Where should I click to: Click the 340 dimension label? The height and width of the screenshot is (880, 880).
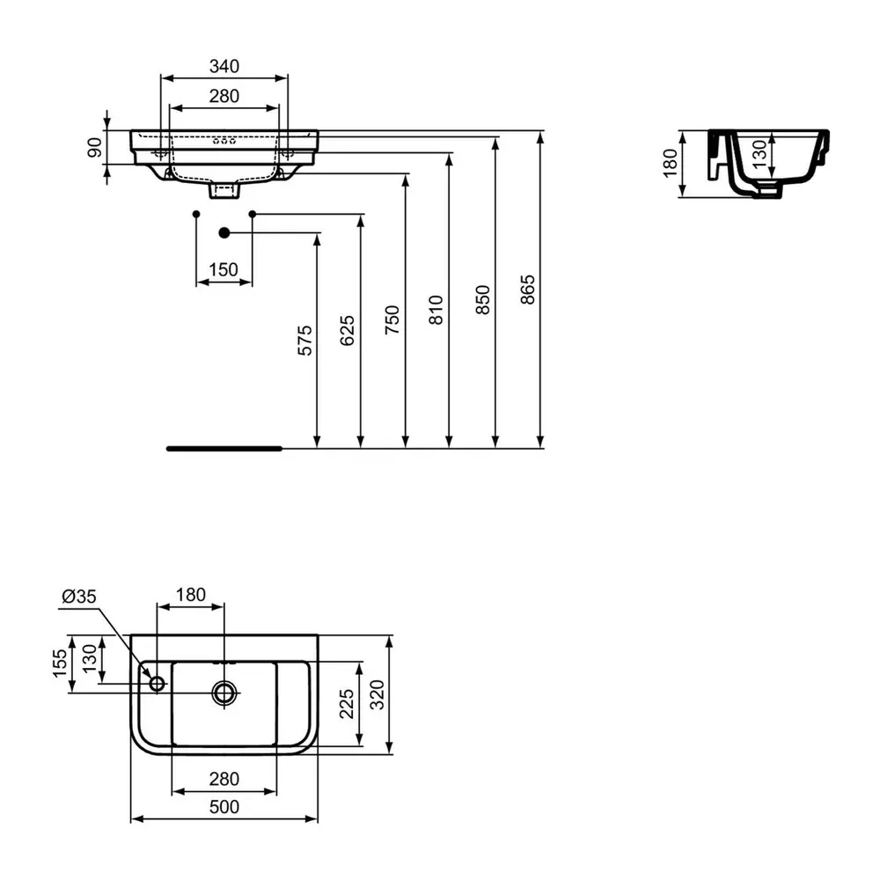tap(224, 66)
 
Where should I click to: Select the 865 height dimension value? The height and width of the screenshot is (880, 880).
tap(527, 290)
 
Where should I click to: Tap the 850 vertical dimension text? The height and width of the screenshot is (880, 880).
tap(482, 300)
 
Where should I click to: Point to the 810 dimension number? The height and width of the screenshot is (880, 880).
tap(436, 310)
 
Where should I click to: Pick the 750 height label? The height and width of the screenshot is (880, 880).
tap(392, 320)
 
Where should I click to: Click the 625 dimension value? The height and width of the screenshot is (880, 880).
tap(348, 330)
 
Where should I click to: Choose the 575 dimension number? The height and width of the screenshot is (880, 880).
tap(304, 340)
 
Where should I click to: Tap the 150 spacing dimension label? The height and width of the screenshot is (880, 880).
tap(224, 269)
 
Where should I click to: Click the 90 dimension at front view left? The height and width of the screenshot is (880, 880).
tap(95, 147)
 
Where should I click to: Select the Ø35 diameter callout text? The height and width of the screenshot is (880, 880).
tap(79, 596)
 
